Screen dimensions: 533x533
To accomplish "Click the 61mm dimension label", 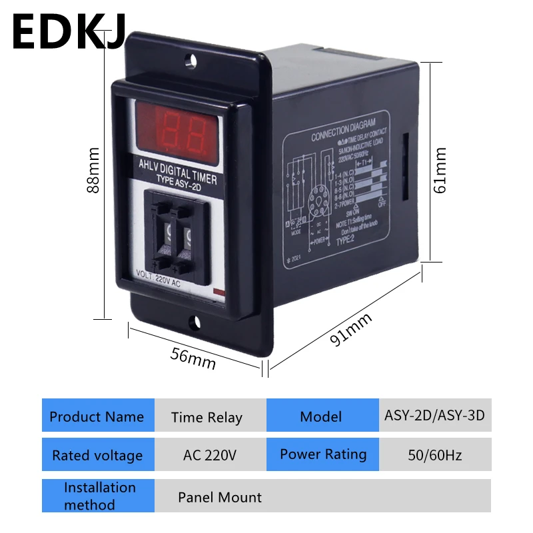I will pos(440,171).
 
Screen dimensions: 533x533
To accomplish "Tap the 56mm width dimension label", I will pos(193,358).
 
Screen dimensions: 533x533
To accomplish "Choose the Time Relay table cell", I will pos(207,418).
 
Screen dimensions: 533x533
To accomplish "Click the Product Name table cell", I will pos(97,417).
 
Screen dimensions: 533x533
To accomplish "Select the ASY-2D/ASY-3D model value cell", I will pos(434,416).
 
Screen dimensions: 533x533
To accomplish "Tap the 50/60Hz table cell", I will pos(434,456).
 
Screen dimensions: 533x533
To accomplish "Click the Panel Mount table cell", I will pos(220,497).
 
